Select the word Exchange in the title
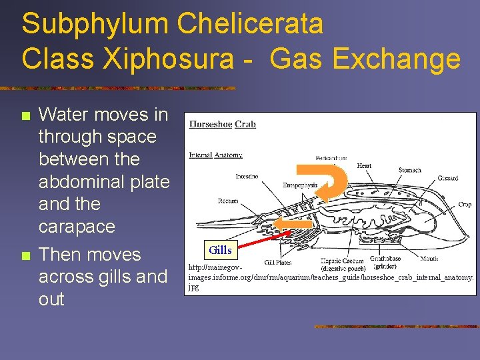click(396, 59)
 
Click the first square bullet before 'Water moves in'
click(25, 116)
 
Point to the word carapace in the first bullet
click(77, 227)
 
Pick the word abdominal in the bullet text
click(104, 181)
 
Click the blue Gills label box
click(220, 250)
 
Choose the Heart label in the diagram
click(365, 165)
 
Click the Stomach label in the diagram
click(409, 170)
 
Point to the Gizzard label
click(447, 178)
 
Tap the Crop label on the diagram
click(465, 205)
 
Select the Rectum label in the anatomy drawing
click(228, 201)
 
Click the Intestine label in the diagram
click(247, 177)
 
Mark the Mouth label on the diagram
click(429, 259)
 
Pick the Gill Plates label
click(278, 263)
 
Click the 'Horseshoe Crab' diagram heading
click(223, 124)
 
